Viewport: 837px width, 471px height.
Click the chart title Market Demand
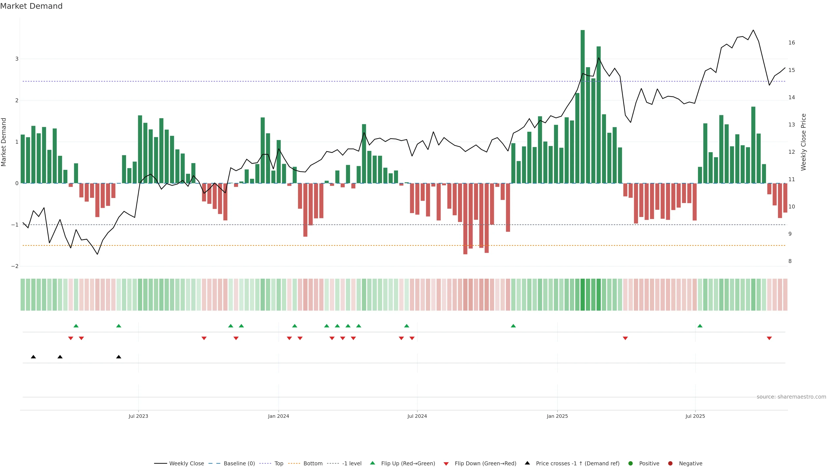(x=31, y=6)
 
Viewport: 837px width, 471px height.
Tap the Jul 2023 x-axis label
(x=138, y=416)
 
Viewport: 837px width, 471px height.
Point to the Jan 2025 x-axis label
(x=557, y=416)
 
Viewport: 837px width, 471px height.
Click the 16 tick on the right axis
(x=791, y=43)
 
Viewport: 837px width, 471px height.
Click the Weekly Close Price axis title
(x=803, y=142)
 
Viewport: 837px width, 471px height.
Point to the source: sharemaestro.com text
(x=791, y=397)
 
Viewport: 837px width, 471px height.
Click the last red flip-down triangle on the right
(x=769, y=338)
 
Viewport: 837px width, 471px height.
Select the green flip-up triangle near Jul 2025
(x=700, y=326)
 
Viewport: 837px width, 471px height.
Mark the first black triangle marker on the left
(x=33, y=357)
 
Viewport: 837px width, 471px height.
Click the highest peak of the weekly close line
(x=753, y=30)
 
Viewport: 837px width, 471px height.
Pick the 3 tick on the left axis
(x=17, y=59)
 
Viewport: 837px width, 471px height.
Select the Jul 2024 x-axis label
(x=417, y=416)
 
